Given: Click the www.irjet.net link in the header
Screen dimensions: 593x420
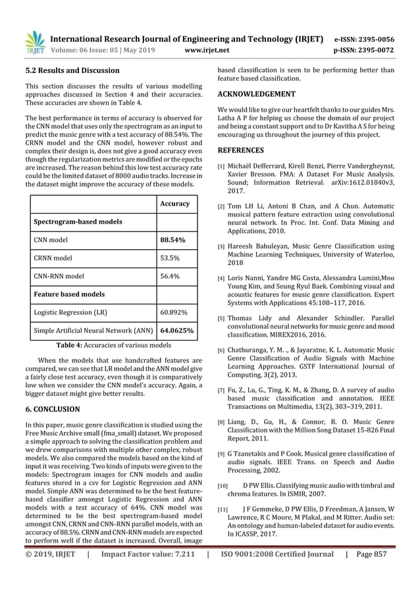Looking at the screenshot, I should (x=206, y=48).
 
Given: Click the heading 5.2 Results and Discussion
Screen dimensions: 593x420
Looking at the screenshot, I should (x=72, y=70).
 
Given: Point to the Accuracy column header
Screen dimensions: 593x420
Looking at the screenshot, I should (x=174, y=204).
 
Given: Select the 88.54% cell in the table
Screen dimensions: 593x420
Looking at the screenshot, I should (x=172, y=241).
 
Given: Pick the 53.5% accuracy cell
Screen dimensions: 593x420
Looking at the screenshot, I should (x=169, y=258).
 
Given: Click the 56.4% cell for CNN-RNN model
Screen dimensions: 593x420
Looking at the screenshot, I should (x=169, y=277).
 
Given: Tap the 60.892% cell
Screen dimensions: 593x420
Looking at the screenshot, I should (x=172, y=313).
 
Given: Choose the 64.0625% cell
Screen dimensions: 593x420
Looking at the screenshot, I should (x=176, y=331).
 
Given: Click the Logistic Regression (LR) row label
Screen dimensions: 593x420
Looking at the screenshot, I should (x=66, y=313).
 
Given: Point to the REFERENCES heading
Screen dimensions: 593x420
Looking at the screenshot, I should (x=241, y=150).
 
